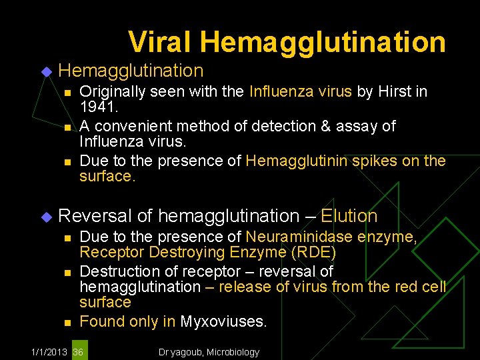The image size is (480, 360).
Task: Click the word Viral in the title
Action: click(x=161, y=41)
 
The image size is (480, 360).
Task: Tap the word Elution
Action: click(x=349, y=216)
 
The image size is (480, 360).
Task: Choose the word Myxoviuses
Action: click(x=223, y=321)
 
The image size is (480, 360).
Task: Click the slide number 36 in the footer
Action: click(x=79, y=351)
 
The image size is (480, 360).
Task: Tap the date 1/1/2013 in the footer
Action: click(x=49, y=351)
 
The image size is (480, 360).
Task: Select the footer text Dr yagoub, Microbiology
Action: click(x=209, y=351)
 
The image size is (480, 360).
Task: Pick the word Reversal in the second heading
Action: click(x=95, y=216)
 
